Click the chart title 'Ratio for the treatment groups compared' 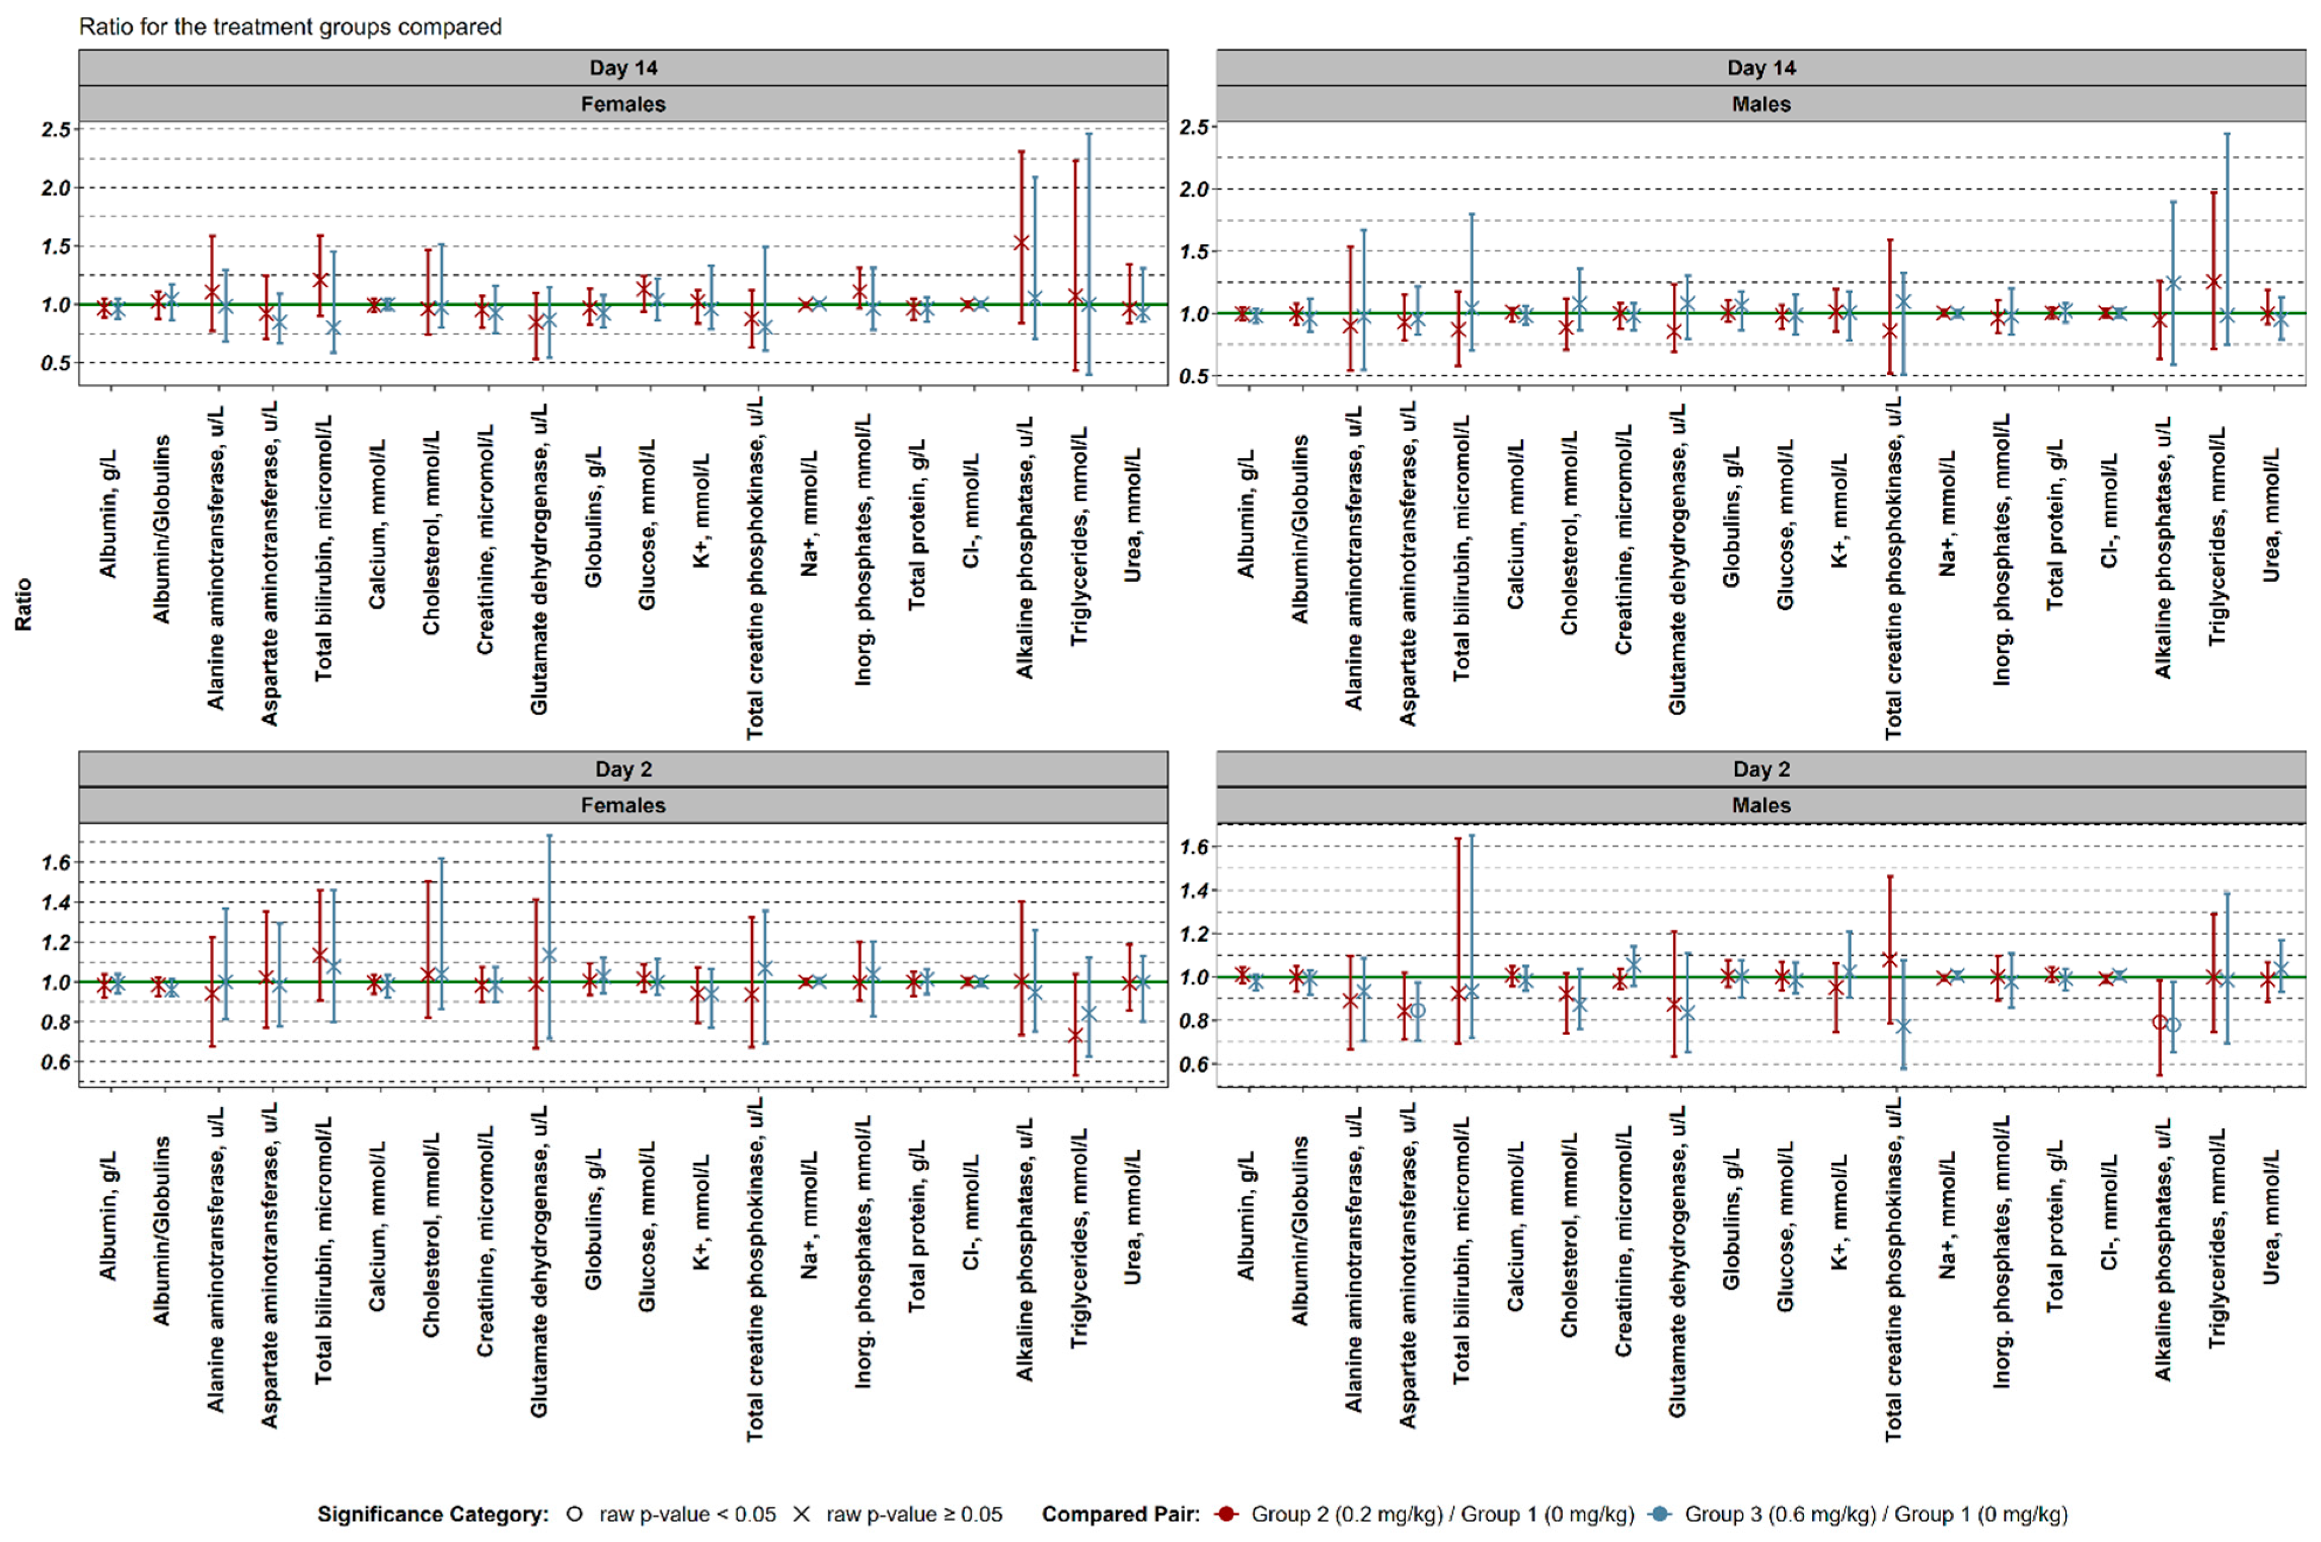coord(290,26)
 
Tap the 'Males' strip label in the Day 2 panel coord(1761,805)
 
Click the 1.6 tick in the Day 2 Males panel coord(1194,847)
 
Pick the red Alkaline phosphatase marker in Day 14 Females coord(1022,242)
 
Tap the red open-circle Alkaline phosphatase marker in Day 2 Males coord(2160,1022)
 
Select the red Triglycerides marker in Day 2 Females coord(1076,1036)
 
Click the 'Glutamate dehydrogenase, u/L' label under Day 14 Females coord(539,558)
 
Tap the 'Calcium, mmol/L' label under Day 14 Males coord(1514,524)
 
